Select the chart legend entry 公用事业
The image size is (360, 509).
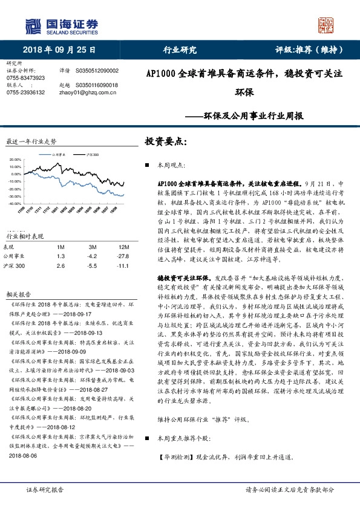tap(60, 155)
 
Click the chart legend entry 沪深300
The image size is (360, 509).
tap(91, 155)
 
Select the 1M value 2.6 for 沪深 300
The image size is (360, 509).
tap(60, 266)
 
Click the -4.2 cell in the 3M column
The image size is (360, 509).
tap(93, 256)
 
